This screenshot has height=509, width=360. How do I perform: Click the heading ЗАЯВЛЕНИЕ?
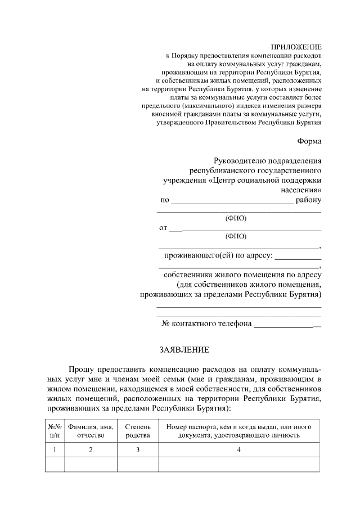[x=184, y=350]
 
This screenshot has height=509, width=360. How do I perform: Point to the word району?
[x=309, y=200]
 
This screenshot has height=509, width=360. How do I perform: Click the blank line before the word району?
[x=232, y=201]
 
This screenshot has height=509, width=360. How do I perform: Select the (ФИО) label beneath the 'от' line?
[x=236, y=236]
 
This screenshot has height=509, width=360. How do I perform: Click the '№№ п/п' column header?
[x=55, y=430]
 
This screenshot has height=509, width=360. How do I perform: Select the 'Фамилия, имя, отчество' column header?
[x=91, y=430]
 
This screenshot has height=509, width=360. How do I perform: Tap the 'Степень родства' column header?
[x=137, y=430]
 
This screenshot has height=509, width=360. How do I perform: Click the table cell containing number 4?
[x=239, y=449]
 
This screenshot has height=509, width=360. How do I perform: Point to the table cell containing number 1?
[x=55, y=449]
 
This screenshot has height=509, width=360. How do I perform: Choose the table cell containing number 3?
[x=137, y=449]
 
